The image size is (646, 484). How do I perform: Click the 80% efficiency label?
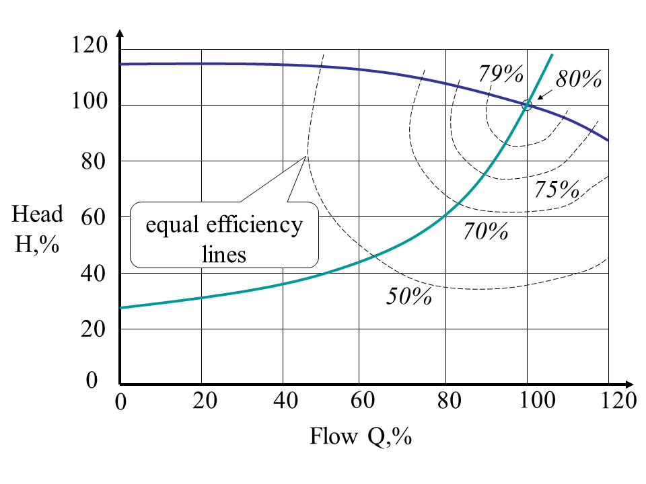pos(578,79)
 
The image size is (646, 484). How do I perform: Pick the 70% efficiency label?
pos(485,231)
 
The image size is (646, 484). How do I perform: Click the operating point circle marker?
pos(527,105)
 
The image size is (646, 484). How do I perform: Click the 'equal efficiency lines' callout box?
pos(224,233)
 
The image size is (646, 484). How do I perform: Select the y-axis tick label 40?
pos(95,274)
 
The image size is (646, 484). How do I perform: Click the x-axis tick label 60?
pos(365,401)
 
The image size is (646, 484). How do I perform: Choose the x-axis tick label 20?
pos(203,401)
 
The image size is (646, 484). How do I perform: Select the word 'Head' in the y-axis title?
pos(37,214)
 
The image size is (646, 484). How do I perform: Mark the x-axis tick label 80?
pos(446,401)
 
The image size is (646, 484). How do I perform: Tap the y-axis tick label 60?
pos(95,217)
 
